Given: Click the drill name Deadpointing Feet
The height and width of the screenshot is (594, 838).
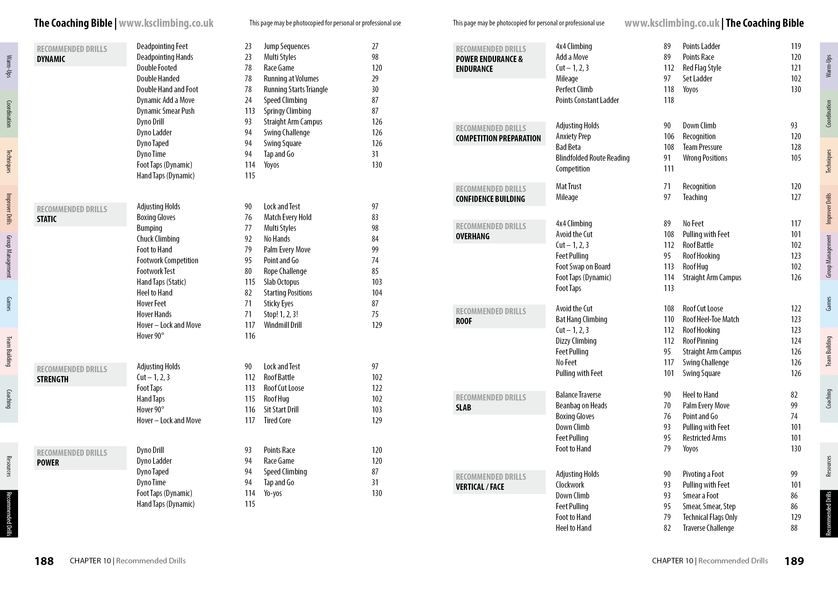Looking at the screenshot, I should coord(162,46).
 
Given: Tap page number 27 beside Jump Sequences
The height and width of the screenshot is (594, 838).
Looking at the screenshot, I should coord(375,46).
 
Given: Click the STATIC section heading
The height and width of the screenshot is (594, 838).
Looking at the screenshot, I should coord(47,219).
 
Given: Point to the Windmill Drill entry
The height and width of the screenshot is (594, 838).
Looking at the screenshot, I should coord(283,325).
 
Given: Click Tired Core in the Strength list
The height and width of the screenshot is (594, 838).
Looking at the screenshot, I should coord(277,421).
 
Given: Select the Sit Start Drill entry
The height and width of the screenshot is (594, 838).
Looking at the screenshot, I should coord(281,410).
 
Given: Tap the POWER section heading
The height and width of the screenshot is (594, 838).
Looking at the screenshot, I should coord(48,463).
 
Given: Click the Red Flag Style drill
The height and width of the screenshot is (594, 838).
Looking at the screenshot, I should coord(702,68).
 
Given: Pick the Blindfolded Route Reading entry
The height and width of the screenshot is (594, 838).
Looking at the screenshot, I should coord(593,158).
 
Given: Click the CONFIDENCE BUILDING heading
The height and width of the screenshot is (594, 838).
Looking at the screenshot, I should coord(490,199).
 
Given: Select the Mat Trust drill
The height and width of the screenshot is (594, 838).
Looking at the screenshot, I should coord(568,187).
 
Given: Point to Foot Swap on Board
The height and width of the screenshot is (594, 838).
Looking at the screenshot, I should coord(583,267).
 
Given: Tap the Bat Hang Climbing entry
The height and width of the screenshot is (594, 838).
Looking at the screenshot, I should coord(581,319).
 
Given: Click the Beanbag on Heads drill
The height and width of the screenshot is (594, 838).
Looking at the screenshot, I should coord(581,406).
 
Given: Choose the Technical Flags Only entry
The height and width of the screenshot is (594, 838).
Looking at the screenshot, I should coord(710,517).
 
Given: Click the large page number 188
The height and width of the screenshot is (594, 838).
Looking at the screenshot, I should coord(44,561).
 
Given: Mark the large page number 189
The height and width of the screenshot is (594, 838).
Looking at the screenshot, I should coord(794,561).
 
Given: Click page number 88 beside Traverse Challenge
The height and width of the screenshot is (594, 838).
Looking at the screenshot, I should coord(794,528).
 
